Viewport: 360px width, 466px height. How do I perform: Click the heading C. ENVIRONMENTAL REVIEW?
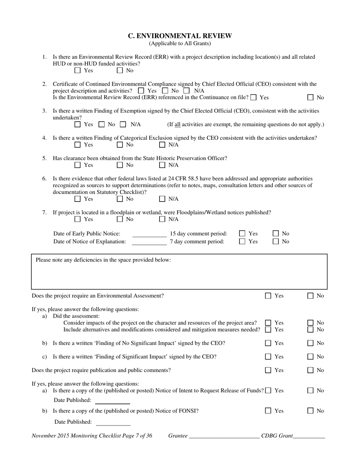point(180,36)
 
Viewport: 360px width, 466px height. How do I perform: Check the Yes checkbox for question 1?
point(78,70)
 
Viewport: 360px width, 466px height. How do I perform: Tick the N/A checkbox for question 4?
point(162,145)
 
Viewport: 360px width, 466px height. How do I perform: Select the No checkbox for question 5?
point(120,165)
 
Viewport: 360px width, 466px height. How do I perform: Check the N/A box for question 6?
point(162,199)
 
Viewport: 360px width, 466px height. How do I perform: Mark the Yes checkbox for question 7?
point(78,219)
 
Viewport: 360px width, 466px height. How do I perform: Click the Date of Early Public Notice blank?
point(149,234)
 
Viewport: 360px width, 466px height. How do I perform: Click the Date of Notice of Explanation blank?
point(149,242)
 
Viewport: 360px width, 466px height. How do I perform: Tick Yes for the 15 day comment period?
point(242,234)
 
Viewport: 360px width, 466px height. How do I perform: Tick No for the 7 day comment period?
point(276,242)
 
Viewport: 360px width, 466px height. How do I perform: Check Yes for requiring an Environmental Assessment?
point(268,296)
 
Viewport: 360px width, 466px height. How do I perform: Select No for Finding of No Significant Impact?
point(310,343)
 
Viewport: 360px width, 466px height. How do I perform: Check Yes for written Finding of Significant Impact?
point(268,357)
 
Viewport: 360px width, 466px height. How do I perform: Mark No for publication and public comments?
point(310,371)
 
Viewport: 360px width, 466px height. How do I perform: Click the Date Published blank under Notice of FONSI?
point(113,422)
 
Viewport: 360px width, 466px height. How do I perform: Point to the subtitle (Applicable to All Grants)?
point(180,44)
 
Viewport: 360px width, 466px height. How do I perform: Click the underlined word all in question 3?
point(177,125)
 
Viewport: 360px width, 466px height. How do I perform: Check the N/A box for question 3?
point(123,124)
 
